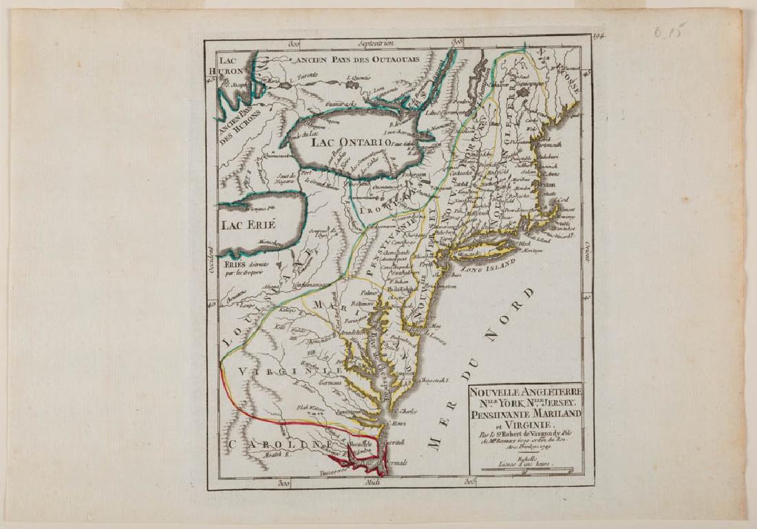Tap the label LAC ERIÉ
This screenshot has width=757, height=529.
tap(247, 225)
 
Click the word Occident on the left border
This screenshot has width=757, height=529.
tap(211, 263)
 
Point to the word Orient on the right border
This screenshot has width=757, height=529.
tap(587, 256)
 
